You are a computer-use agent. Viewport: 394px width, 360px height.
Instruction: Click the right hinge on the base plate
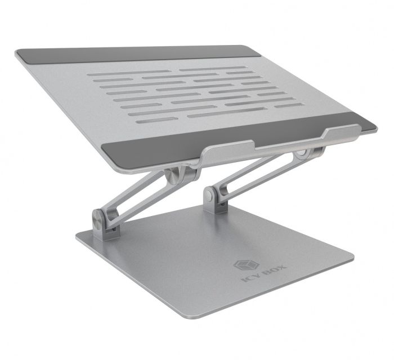pyautogui.click(x=211, y=197)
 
